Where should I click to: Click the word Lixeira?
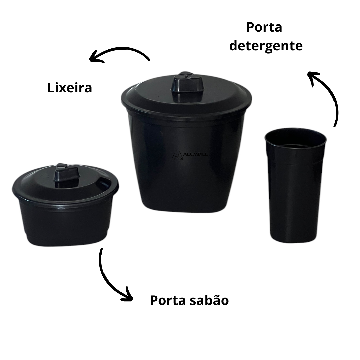[70, 88]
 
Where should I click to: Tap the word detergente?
[266, 46]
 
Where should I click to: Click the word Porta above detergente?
[264, 27]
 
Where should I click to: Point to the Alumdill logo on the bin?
[190, 154]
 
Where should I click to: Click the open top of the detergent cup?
[295, 138]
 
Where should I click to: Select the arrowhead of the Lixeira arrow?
[96, 57]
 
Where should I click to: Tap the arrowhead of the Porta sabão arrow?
[127, 295]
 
